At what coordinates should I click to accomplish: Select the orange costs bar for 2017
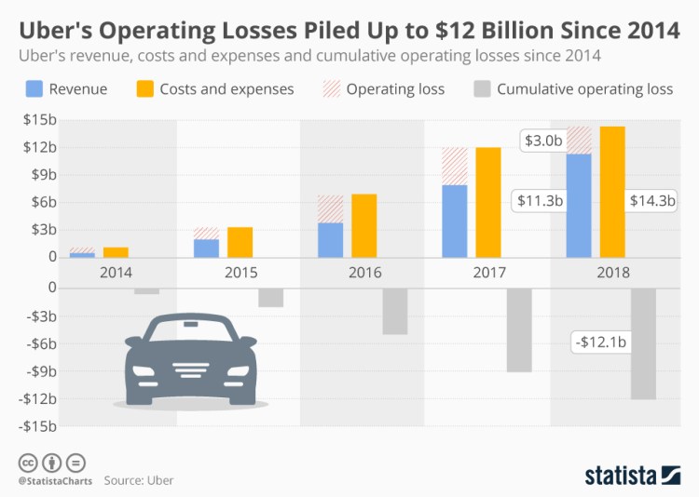pyautogui.click(x=487, y=202)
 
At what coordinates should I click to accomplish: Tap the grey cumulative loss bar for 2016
pyautogui.click(x=394, y=311)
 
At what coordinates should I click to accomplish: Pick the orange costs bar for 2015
pyautogui.click(x=240, y=242)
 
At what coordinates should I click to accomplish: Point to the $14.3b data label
pyautogui.click(x=651, y=199)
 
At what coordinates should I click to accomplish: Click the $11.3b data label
pyautogui.click(x=541, y=199)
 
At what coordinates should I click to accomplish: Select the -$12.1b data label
pyautogui.click(x=600, y=343)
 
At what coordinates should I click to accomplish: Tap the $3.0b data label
pyautogui.click(x=542, y=141)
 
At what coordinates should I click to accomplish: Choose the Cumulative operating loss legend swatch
pyautogui.click(x=481, y=89)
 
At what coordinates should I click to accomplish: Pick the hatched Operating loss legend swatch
pyautogui.click(x=330, y=89)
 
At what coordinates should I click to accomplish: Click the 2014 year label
pyautogui.click(x=115, y=273)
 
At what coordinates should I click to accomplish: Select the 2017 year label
pyautogui.click(x=488, y=273)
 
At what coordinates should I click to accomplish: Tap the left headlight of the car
pyautogui.click(x=144, y=371)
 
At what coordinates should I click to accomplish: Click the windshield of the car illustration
pyautogui.click(x=190, y=332)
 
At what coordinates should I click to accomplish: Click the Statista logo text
pyautogui.click(x=622, y=476)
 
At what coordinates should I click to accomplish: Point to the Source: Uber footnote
pyautogui.click(x=138, y=480)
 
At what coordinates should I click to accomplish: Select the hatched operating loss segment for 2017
pyautogui.click(x=454, y=167)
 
